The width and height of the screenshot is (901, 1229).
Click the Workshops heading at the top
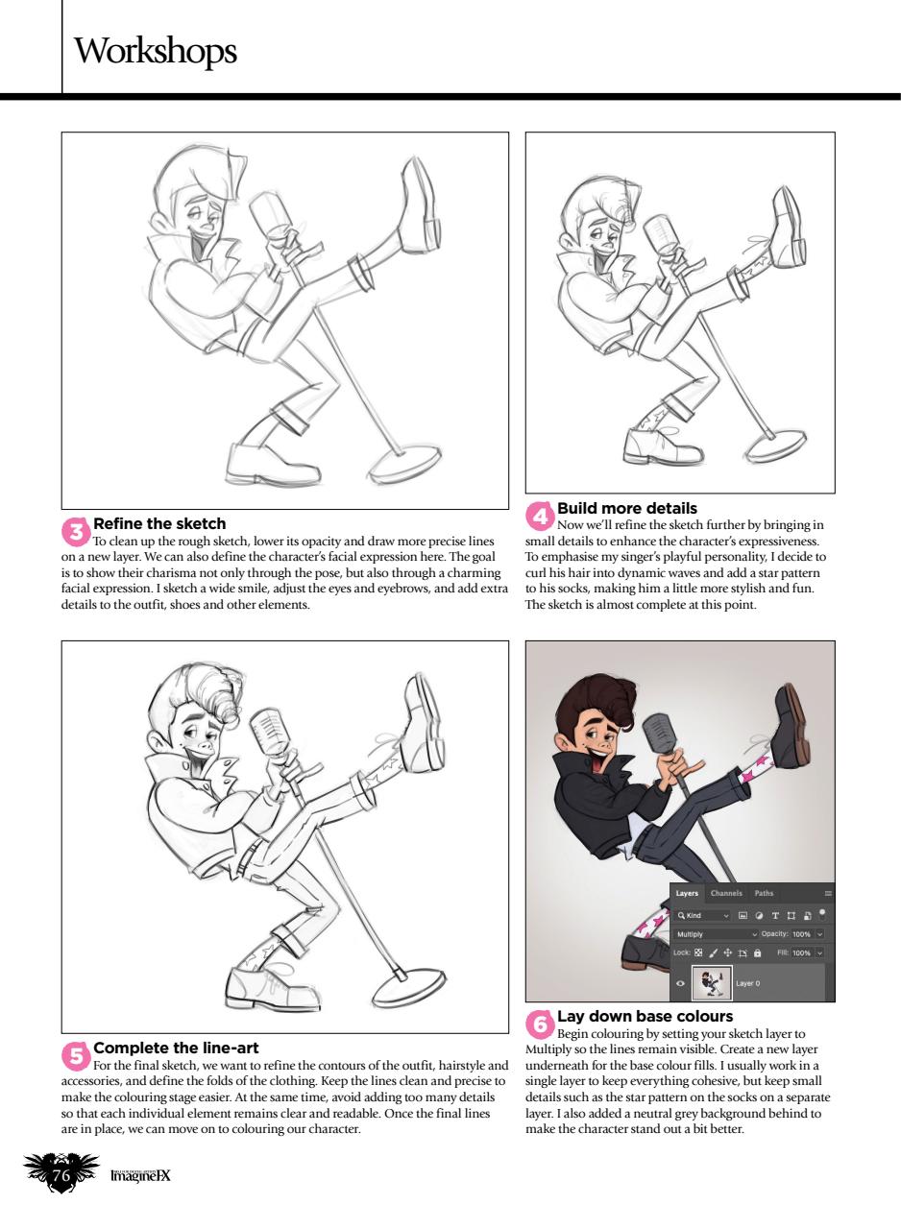155,50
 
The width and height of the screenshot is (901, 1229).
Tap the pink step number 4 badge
540,516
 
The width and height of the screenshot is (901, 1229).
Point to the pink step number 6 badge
540,1024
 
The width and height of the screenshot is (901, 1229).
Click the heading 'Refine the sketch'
159,523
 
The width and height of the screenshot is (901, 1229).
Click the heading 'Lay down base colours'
645,1015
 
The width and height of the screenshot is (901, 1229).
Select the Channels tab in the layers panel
727,893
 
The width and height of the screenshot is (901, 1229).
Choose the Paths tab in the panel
764,893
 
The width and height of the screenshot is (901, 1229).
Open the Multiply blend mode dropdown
716,933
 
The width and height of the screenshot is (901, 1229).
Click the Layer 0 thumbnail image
711,983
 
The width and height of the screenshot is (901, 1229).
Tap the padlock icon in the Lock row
758,952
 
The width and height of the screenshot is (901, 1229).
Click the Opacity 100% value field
801,933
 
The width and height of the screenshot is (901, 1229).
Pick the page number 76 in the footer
62,1176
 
